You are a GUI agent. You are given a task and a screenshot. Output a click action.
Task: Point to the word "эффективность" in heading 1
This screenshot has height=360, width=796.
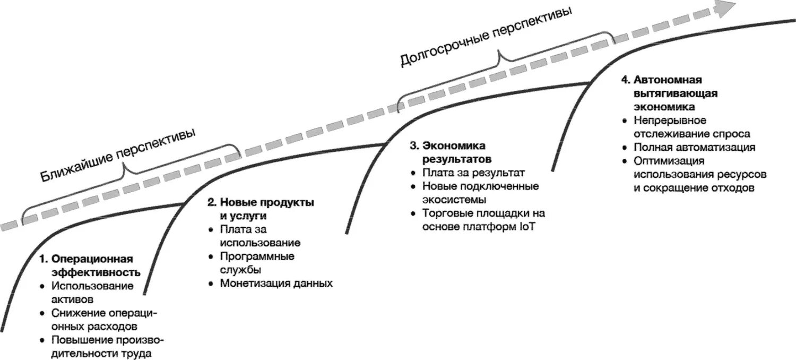point(96,272)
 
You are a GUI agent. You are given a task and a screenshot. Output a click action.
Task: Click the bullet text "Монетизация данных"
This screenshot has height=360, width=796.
point(276,283)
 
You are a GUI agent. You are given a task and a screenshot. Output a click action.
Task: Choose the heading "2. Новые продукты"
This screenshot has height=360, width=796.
point(261,202)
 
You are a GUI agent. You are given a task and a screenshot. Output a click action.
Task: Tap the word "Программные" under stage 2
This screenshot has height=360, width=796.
point(258,256)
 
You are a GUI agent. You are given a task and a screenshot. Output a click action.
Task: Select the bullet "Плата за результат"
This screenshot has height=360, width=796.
point(473,173)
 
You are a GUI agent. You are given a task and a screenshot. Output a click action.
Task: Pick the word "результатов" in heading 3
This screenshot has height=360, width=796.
point(456,159)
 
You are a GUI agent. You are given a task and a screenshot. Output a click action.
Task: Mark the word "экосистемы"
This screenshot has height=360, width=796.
point(455,200)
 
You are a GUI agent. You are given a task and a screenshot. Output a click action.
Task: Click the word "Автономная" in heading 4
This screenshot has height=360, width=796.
point(668,80)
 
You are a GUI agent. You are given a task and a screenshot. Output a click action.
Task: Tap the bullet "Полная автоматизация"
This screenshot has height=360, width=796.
point(694,147)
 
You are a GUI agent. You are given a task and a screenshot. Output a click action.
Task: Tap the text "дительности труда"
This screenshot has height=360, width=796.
point(101,353)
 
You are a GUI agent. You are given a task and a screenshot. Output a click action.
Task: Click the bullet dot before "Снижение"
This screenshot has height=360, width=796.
point(43,313)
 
